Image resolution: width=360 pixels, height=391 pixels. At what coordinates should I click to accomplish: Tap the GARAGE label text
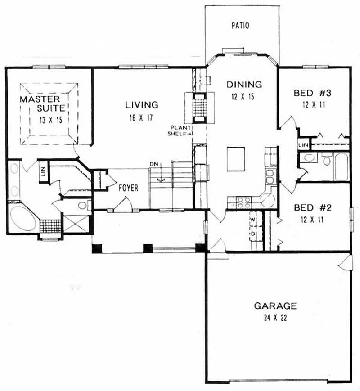coord(275,306)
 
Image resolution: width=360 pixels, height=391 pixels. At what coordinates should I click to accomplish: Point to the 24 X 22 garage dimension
coord(275,318)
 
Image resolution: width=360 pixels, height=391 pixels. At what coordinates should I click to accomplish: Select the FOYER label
coord(128,188)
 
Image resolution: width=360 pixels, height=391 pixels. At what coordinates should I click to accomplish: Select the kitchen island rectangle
coord(236,158)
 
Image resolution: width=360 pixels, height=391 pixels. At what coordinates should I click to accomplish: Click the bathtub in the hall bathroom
coord(342,166)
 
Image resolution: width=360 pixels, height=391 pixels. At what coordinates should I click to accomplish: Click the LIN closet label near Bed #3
coord(304,144)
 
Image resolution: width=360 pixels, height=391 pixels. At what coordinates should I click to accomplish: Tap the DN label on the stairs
coord(154,164)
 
